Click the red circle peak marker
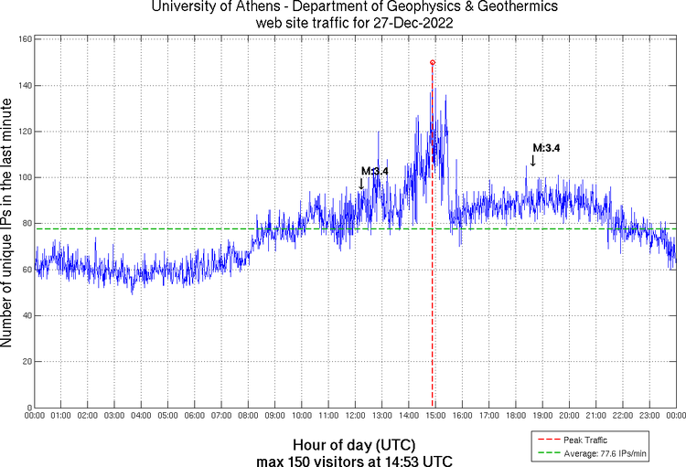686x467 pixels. [x=432, y=62]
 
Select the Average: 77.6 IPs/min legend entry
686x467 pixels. [x=595, y=452]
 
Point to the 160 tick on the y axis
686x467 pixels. [x=25, y=40]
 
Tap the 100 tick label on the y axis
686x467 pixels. [x=25, y=177]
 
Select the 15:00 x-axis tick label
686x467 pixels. [x=435, y=416]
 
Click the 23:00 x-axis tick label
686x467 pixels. [x=649, y=416]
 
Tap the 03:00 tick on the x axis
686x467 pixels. [x=115, y=416]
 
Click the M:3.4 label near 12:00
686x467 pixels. [x=375, y=171]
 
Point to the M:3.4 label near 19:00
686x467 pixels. [x=546, y=148]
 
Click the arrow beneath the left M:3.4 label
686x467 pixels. [x=361, y=184]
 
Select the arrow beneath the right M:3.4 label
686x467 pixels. [x=533, y=160]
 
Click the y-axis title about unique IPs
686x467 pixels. [x=8, y=225]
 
